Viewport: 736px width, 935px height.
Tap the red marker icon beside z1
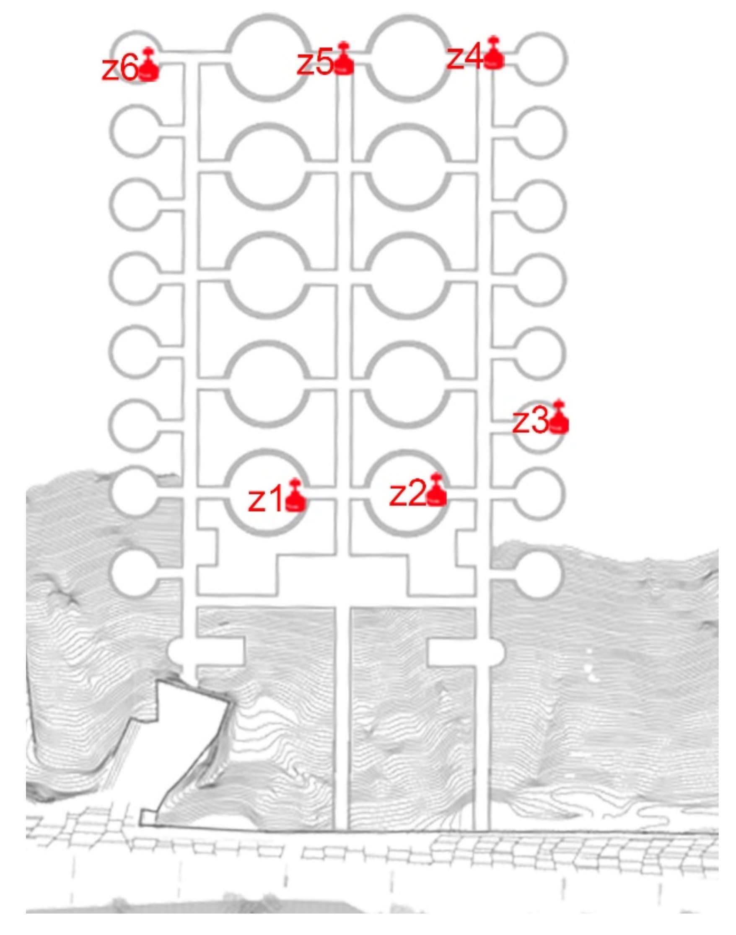295,495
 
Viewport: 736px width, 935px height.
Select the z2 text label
407,494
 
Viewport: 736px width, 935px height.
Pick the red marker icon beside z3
558,416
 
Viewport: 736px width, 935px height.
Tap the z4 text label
464,58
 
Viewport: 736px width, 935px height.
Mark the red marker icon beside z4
493,53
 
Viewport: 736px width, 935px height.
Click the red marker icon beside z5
343,59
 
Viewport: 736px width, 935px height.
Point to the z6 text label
119,69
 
